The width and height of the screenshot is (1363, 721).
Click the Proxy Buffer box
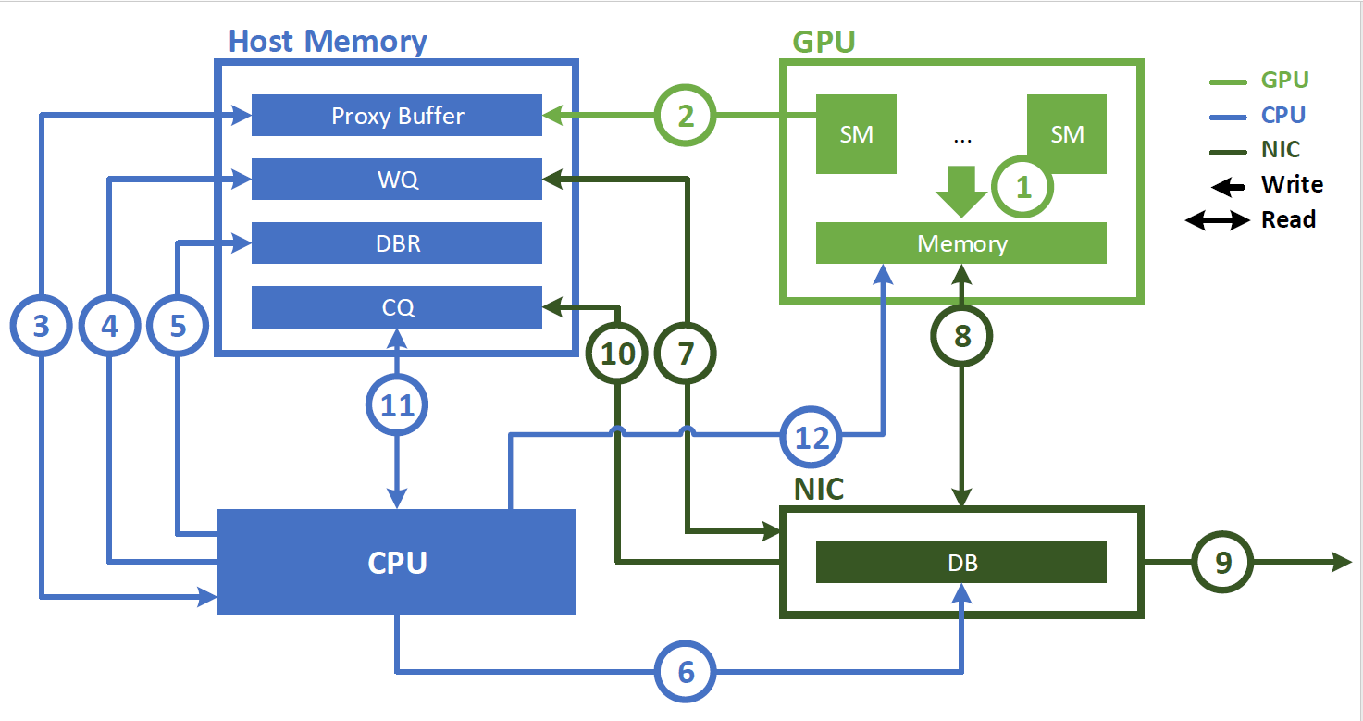click(x=397, y=116)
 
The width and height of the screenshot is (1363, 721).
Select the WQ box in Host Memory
click(x=397, y=179)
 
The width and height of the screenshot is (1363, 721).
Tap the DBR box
click(x=397, y=243)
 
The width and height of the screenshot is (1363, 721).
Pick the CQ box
click(x=397, y=307)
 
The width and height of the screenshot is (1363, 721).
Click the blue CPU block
click(x=397, y=562)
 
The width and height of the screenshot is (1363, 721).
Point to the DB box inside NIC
click(x=961, y=562)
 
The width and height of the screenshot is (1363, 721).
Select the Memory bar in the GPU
click(x=961, y=243)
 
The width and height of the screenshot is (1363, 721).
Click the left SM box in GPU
click(x=856, y=134)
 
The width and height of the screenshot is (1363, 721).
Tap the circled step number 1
click(x=1023, y=188)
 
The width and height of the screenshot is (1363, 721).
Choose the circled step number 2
click(x=686, y=116)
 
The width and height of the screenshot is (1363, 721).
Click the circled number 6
click(x=686, y=671)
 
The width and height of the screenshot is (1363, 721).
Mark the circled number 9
click(x=1223, y=562)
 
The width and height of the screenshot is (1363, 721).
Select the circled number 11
click(x=398, y=406)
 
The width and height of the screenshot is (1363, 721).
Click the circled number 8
click(x=962, y=335)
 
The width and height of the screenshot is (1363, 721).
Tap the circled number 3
click(x=41, y=326)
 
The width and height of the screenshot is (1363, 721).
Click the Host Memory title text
click(x=328, y=42)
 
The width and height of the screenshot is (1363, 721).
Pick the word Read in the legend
click(x=1288, y=220)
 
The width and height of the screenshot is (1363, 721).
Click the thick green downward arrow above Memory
click(x=961, y=191)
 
